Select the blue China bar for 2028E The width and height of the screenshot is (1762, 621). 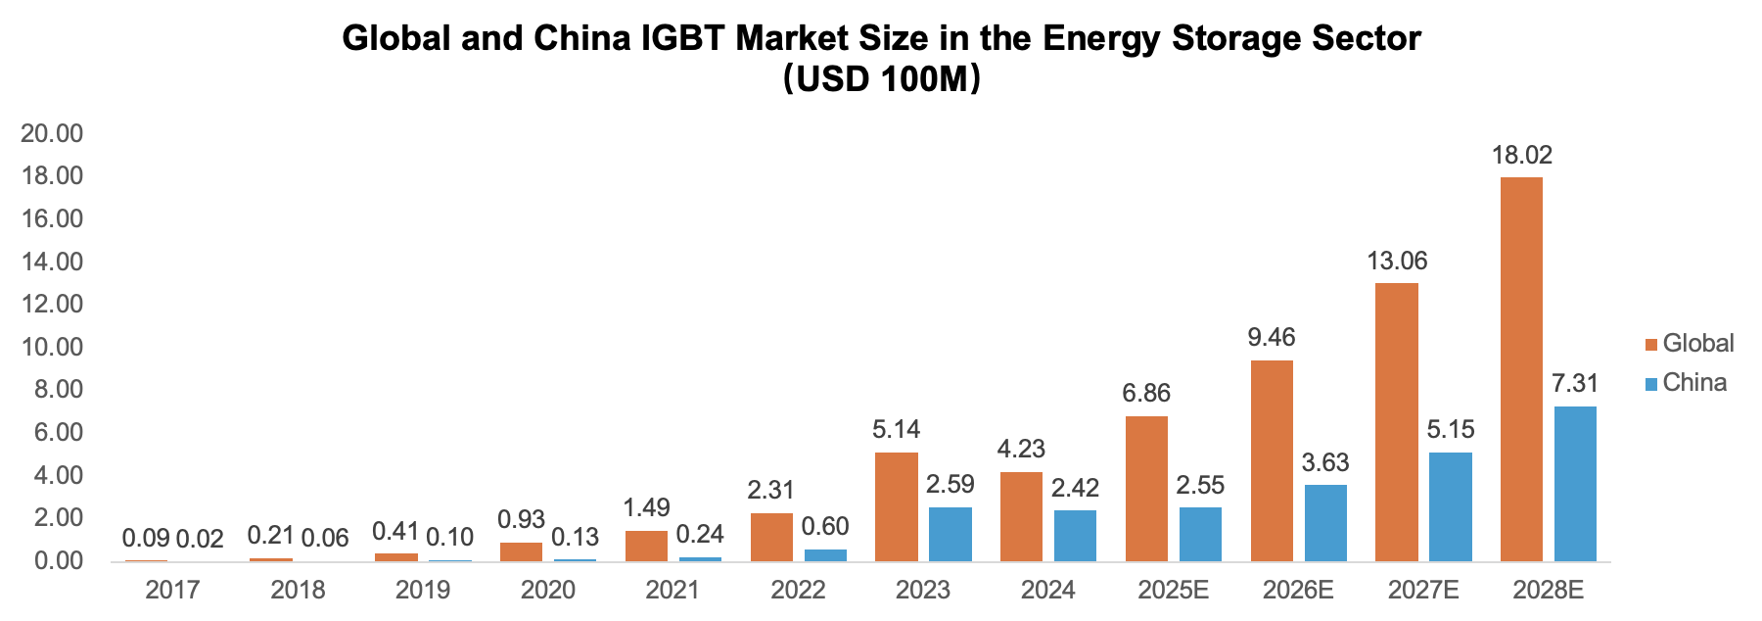[1574, 484]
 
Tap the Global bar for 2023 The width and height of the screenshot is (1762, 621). [896, 506]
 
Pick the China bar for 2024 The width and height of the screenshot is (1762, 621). [1075, 536]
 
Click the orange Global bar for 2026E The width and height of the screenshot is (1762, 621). [1271, 460]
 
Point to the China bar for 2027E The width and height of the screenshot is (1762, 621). [1450, 506]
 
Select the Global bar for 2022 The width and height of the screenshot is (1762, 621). [770, 537]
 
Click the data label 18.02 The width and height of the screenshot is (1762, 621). [1521, 156]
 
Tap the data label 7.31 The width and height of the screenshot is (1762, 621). [1574, 384]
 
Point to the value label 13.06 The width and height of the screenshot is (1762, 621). [1397, 262]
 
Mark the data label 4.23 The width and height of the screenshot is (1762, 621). [1021, 450]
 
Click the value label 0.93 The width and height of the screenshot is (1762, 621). [521, 519]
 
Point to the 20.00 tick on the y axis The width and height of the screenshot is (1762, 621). [52, 134]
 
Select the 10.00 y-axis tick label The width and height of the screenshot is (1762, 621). [52, 348]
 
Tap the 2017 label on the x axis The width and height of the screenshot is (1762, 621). [172, 590]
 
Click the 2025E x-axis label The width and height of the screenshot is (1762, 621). [1173, 590]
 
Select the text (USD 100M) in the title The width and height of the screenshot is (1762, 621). [881, 78]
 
